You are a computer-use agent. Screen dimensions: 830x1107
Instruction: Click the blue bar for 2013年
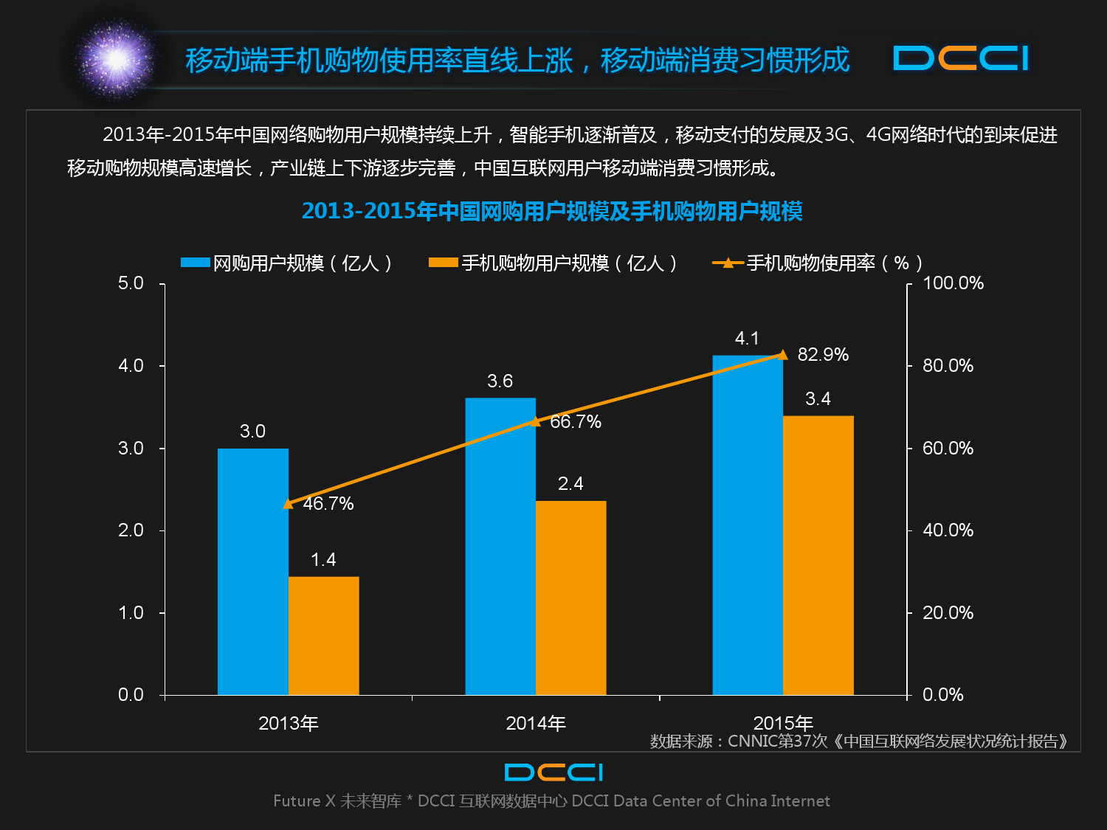click(x=252, y=572)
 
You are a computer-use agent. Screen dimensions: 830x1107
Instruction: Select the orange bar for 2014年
click(x=570, y=598)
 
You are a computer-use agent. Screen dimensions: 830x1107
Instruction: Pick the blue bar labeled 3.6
click(x=500, y=546)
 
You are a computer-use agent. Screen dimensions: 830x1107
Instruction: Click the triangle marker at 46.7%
click(x=288, y=504)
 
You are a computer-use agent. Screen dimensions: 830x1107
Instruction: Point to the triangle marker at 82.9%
click(x=783, y=355)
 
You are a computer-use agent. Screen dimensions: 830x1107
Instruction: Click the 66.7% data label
click(x=576, y=422)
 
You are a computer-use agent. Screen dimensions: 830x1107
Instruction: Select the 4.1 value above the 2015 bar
click(x=747, y=339)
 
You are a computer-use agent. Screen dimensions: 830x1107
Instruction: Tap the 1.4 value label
click(x=323, y=560)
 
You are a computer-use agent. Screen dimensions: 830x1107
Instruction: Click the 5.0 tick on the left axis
click(x=131, y=284)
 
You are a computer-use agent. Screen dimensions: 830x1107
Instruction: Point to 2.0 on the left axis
click(x=131, y=530)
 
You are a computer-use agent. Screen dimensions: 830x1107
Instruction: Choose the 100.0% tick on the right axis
click(x=953, y=284)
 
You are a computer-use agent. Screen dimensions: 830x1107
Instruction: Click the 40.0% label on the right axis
click(x=948, y=530)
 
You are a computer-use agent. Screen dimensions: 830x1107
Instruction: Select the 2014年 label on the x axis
click(x=536, y=724)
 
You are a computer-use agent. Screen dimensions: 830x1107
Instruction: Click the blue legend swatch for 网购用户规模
click(x=196, y=263)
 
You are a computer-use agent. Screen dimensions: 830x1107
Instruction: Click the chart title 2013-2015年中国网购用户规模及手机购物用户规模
click(x=552, y=212)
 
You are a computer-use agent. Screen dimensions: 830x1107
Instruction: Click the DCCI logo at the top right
click(x=961, y=58)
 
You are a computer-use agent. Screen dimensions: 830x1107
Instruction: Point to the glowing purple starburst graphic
click(x=116, y=59)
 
